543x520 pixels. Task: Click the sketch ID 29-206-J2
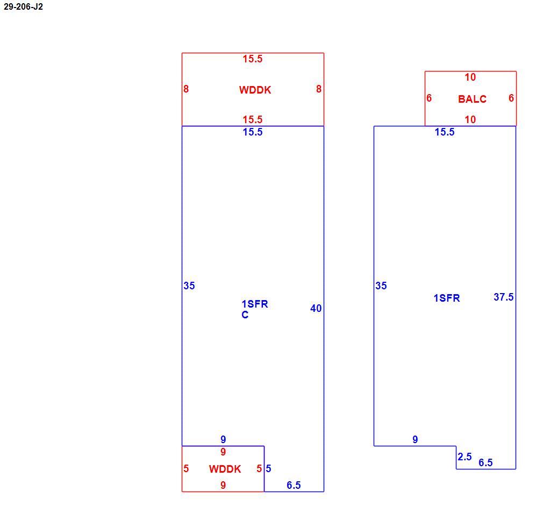pyautogui.click(x=23, y=6)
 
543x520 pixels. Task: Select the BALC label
pyautogui.click(x=472, y=99)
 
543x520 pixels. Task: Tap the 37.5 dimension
pyautogui.click(x=504, y=297)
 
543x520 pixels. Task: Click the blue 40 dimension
pyautogui.click(x=316, y=308)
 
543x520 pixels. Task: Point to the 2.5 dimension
pyautogui.click(x=465, y=457)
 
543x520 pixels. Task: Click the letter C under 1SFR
pyautogui.click(x=245, y=315)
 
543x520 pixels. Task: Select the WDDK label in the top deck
pyautogui.click(x=255, y=90)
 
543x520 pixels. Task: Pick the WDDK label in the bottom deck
pyautogui.click(x=225, y=469)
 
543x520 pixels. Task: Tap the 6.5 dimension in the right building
pyautogui.click(x=485, y=462)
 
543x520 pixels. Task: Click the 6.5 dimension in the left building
pyautogui.click(x=294, y=485)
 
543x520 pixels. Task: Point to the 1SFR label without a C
pyautogui.click(x=447, y=298)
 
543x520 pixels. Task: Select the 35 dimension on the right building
pyautogui.click(x=381, y=286)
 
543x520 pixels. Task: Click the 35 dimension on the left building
pyautogui.click(x=189, y=286)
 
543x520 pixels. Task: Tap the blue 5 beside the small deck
pyautogui.click(x=268, y=469)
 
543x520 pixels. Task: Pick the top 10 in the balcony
pyautogui.click(x=470, y=77)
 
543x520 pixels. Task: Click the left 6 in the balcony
pyautogui.click(x=429, y=98)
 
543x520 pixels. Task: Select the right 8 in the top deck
pyautogui.click(x=319, y=89)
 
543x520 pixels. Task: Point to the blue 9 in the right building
pyautogui.click(x=415, y=440)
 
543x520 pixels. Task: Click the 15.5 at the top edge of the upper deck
pyautogui.click(x=253, y=59)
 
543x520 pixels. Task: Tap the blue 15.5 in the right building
pyautogui.click(x=445, y=132)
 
